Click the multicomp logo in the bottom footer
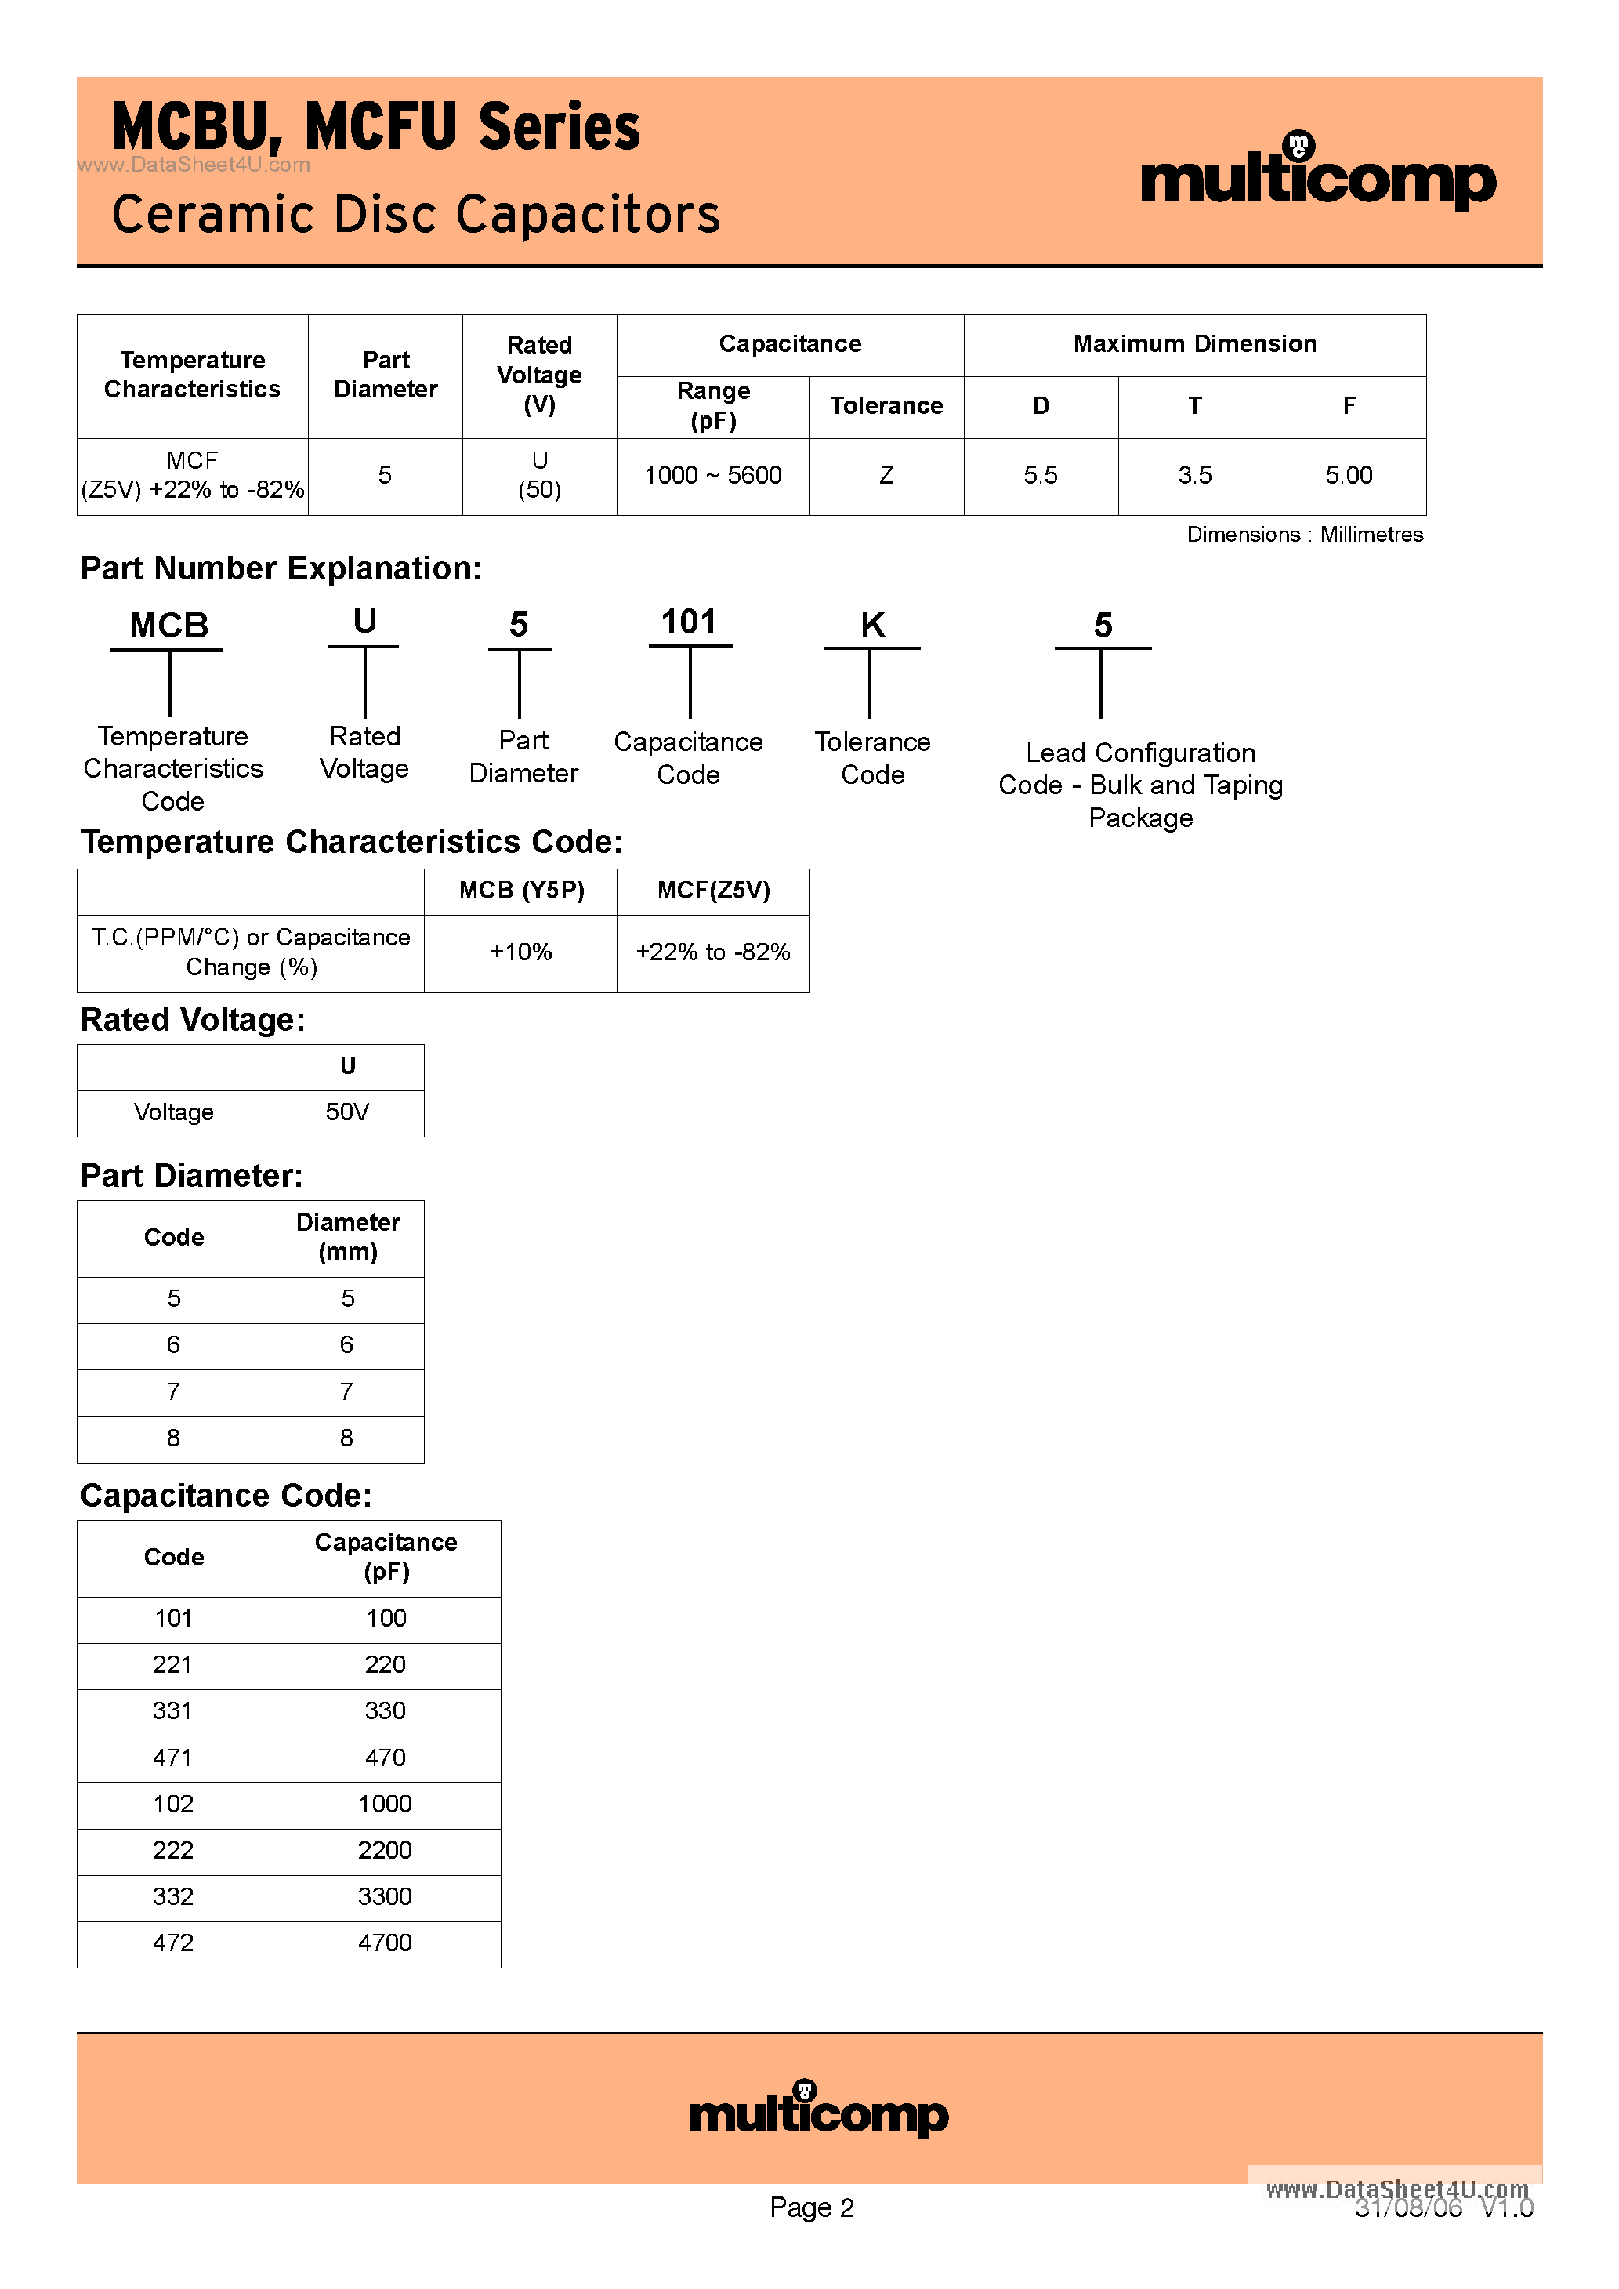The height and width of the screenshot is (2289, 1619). point(818,2109)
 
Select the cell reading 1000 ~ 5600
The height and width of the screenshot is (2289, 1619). point(713,476)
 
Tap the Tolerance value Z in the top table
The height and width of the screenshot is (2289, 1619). point(886,476)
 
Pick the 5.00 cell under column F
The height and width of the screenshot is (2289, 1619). point(1349,476)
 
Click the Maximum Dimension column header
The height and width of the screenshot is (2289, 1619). point(1194,344)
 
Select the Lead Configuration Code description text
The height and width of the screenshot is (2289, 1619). point(1140,785)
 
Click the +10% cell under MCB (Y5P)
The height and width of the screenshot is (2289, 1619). point(520,952)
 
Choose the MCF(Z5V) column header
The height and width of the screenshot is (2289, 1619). point(714,891)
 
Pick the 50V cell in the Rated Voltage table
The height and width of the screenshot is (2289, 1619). point(347,1112)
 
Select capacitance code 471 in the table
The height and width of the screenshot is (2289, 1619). point(172,1758)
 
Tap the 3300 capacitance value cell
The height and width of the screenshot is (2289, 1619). point(385,1896)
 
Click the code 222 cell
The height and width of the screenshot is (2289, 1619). point(172,1850)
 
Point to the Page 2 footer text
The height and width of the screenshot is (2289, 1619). point(812,2207)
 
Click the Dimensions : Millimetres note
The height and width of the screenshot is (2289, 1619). point(1304,535)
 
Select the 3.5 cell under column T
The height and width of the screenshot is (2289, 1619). point(1194,476)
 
